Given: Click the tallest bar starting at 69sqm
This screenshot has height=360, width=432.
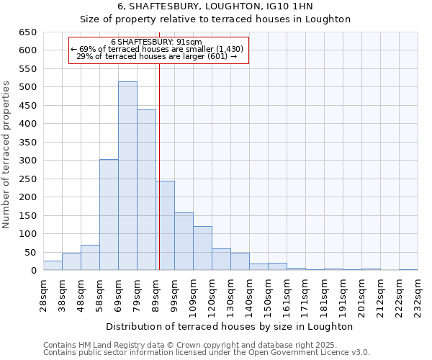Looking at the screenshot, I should point(127,176).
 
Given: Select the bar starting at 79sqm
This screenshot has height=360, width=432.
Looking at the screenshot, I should point(146,190).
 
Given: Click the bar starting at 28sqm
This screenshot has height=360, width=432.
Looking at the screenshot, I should point(53,266).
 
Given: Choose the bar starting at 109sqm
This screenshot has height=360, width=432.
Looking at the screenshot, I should point(202,248).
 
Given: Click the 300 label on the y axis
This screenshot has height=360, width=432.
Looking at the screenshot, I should point(28,161).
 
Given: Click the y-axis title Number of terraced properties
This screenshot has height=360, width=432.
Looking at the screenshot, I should point(7,155).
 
